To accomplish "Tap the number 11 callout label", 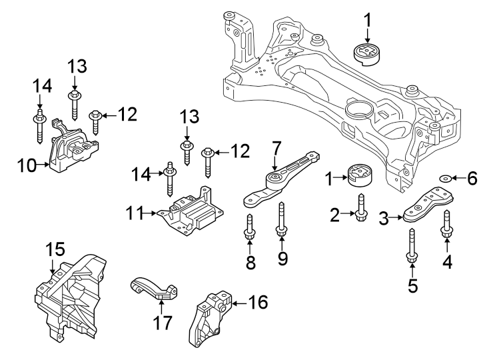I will [x=136, y=214].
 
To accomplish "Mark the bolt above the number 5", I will [x=411, y=246].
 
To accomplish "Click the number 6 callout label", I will [x=471, y=178].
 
